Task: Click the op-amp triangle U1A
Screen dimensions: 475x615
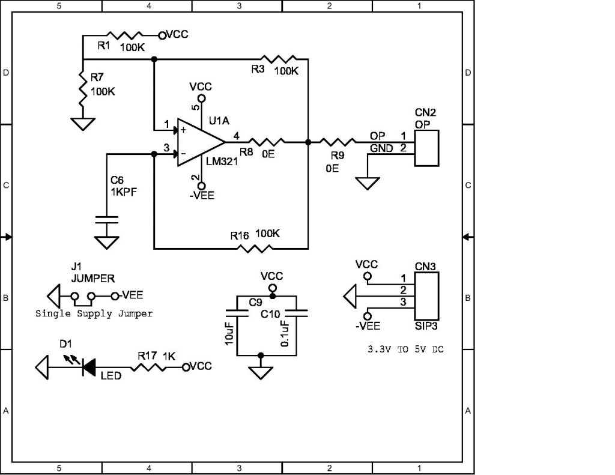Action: tap(198, 142)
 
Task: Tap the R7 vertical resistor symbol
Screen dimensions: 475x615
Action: tap(82, 86)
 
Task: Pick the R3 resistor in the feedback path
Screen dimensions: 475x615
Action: tap(279, 59)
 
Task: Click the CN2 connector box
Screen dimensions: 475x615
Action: tap(426, 147)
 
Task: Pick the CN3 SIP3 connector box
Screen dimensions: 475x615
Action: tap(426, 296)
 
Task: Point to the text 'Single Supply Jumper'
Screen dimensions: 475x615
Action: tap(94, 313)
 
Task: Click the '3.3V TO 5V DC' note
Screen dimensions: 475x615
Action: tap(405, 348)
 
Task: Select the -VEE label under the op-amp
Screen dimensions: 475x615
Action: tap(202, 195)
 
